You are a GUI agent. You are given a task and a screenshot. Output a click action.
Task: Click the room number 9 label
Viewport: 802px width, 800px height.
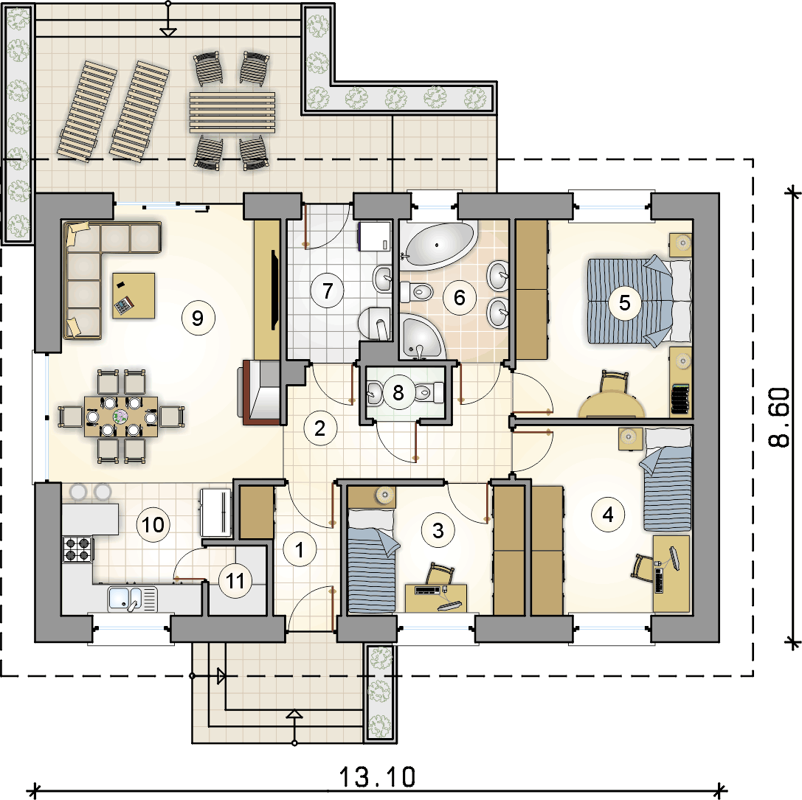point(198,318)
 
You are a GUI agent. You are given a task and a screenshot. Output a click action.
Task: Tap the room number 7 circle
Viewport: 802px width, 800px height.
point(328,291)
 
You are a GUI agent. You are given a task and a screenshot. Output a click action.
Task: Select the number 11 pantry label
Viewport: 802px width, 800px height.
point(235,581)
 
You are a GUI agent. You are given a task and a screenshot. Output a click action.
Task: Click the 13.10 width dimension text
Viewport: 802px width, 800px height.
point(378,777)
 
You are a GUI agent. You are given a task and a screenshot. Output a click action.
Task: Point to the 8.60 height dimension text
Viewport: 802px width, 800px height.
point(779,417)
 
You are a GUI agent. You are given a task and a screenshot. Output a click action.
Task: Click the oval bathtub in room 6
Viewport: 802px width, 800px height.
point(438,246)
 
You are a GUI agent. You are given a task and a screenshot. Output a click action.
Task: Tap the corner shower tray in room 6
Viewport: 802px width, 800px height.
point(422,335)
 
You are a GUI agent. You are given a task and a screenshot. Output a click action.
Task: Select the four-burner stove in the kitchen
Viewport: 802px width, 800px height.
point(77,549)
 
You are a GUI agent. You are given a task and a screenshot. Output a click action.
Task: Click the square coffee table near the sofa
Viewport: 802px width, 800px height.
point(134,296)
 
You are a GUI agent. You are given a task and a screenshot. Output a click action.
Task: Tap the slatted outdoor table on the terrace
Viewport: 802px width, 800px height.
point(232,113)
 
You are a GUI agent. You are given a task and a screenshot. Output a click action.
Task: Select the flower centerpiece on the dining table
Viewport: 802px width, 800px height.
point(121,416)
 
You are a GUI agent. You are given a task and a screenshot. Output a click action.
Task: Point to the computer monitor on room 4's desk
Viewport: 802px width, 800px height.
point(674,558)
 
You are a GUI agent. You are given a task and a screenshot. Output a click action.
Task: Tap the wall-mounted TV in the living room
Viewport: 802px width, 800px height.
point(274,289)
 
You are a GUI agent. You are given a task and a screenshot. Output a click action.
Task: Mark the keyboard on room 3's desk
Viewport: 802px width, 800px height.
point(428,591)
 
